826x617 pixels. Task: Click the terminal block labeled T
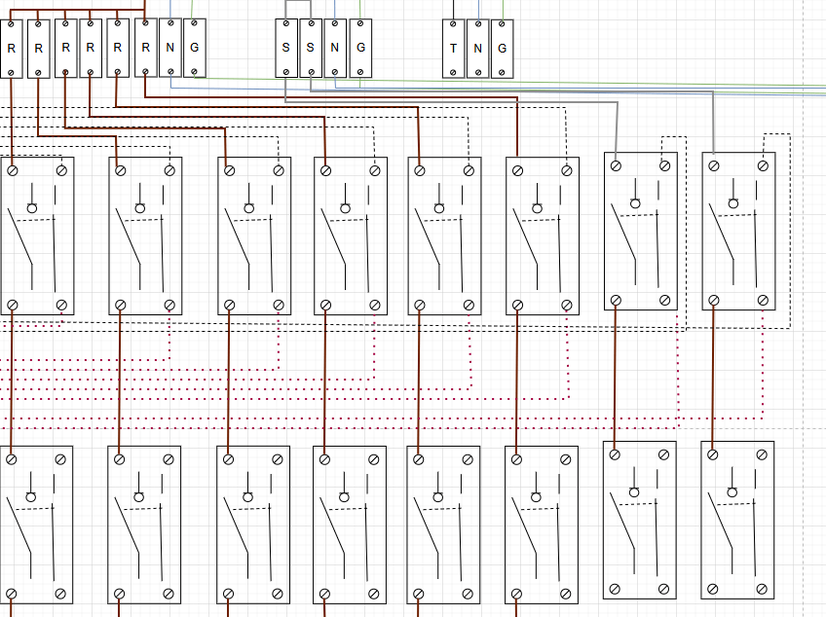coord(454,49)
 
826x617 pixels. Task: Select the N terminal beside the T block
coord(478,49)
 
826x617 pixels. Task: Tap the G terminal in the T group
coord(503,49)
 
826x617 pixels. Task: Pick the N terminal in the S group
coord(335,48)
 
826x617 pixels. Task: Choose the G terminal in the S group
coord(360,48)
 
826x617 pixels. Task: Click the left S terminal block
coord(286,48)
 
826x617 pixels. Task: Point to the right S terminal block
coord(311,48)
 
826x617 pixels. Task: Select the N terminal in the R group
coord(170,48)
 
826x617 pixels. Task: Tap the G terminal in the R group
coord(195,48)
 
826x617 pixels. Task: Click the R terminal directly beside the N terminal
coord(145,48)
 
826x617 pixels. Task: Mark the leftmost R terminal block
coord(11,48)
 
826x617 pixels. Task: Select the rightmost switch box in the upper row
coord(738,232)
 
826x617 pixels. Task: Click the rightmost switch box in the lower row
coord(737,520)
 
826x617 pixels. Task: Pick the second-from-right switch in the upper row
coord(641,232)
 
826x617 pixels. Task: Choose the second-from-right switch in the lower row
coord(639,520)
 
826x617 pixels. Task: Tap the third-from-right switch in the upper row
coord(543,236)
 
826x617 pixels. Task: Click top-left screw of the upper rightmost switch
coord(714,165)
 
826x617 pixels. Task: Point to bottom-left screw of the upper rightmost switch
coord(714,300)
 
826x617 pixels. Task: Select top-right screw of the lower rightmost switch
coord(761,454)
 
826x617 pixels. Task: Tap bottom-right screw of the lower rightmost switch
coord(761,588)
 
